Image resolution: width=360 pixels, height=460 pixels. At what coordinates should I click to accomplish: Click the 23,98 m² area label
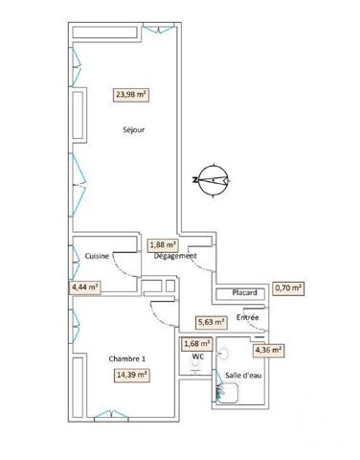(131, 94)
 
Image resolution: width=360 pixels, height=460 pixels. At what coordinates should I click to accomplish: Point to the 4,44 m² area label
(86, 286)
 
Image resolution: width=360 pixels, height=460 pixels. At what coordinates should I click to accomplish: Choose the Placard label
(236, 293)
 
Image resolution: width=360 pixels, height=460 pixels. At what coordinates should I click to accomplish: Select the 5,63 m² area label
(210, 322)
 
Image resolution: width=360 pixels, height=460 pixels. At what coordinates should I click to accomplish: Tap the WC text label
(197, 357)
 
